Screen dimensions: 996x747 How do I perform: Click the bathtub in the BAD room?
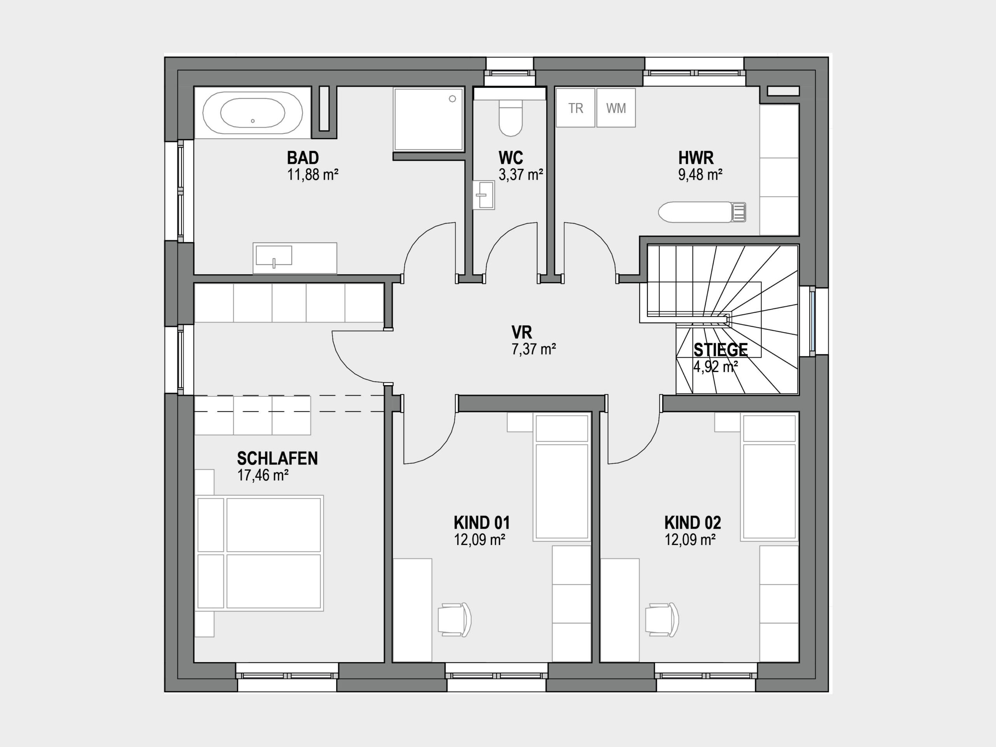pos(253,112)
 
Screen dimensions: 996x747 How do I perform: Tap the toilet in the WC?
pos(510,117)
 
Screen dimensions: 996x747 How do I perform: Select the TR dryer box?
pos(575,108)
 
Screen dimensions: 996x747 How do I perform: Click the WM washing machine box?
pos(616,108)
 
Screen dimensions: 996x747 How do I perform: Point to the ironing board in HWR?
pos(702,212)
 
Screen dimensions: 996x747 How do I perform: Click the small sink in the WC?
pos(484,195)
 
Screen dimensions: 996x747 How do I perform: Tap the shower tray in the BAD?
pos(429,119)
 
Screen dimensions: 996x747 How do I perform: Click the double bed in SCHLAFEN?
pos(260,553)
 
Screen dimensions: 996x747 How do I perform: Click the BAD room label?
pos(303,158)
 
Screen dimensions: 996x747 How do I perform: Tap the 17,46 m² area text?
pos(263,475)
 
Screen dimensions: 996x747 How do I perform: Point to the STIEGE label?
pos(721,350)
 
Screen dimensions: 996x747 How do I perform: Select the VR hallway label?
pos(522,332)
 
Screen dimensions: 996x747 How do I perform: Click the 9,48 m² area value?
pos(701,174)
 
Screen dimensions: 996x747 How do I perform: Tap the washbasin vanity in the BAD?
pos(295,258)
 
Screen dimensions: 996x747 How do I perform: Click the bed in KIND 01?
pos(562,477)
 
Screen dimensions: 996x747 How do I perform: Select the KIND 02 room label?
pos(693,523)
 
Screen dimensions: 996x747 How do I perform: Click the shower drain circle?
pos(452,98)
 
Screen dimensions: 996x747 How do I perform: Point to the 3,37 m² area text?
pos(521,174)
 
